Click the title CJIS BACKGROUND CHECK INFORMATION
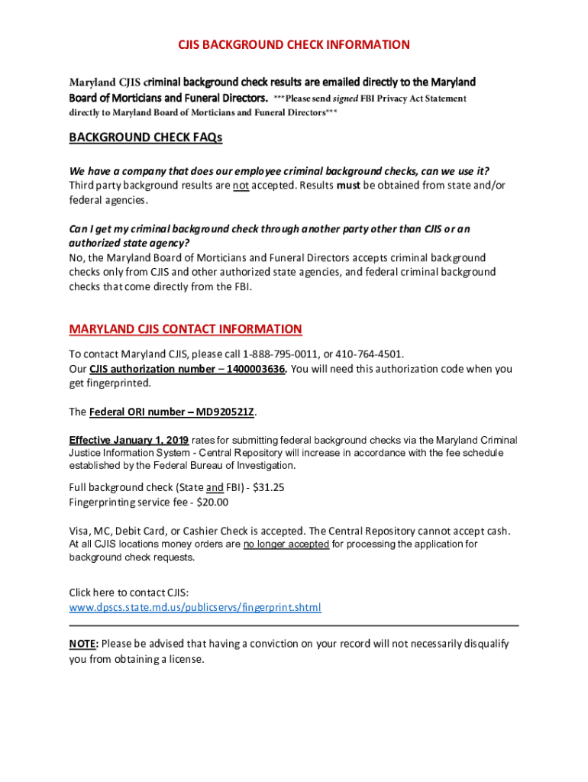[x=294, y=44]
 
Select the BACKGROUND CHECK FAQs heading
[x=145, y=137]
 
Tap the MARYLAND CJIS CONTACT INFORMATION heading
[x=186, y=329]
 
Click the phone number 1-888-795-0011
[x=276, y=354]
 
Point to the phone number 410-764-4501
[x=369, y=354]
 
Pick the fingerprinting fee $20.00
[x=212, y=502]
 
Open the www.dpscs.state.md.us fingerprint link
[x=195, y=607]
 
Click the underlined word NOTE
[x=82, y=644]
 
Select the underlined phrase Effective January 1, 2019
[x=129, y=440]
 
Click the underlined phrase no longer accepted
[x=286, y=544]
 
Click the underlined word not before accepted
[x=241, y=186]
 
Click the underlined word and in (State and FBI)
[x=215, y=487]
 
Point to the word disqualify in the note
[x=482, y=644]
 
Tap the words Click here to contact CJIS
[x=128, y=593]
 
